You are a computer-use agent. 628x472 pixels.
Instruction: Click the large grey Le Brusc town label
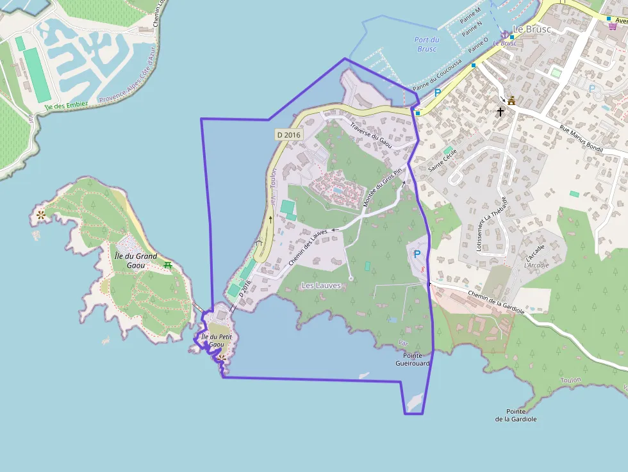click(533, 29)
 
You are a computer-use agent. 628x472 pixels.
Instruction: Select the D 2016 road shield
click(288, 134)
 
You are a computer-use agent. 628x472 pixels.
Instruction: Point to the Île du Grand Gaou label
click(135, 260)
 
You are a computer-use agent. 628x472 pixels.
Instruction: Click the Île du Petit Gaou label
click(217, 340)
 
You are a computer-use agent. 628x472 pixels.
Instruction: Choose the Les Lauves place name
click(321, 285)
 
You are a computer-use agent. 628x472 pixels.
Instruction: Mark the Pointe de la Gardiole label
click(520, 415)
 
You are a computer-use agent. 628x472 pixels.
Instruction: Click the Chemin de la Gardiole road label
click(496, 302)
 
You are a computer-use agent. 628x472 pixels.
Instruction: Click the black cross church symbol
click(500, 111)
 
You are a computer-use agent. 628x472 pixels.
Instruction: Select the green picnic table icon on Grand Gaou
click(168, 264)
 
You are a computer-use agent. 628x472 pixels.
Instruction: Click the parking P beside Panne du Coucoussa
click(438, 93)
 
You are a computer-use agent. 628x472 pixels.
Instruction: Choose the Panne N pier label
click(471, 29)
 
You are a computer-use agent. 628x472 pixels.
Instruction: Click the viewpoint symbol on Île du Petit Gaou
click(221, 358)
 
